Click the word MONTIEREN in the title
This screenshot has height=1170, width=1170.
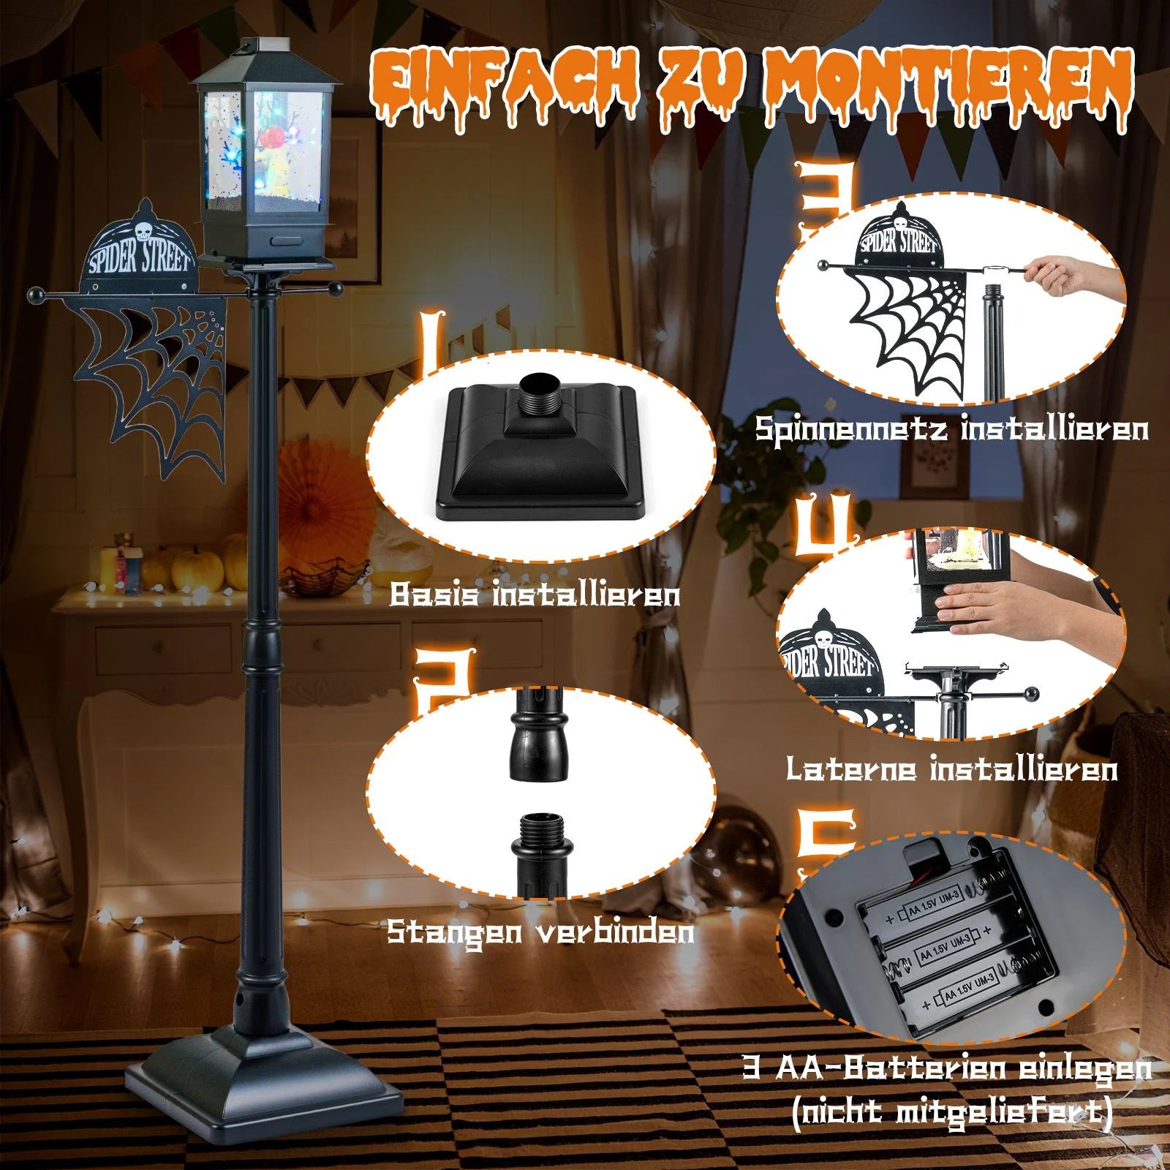click(943, 86)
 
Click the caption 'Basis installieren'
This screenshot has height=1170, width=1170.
click(535, 594)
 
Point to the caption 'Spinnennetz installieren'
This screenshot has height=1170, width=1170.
click(951, 428)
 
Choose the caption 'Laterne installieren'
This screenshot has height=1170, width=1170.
click(951, 769)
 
